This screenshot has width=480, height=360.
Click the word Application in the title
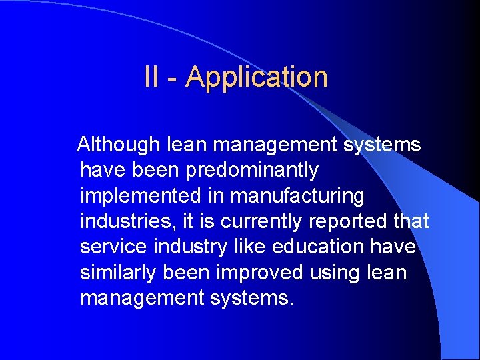(257, 77)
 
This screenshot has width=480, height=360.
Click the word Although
(119, 145)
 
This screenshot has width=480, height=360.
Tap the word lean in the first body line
(189, 145)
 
